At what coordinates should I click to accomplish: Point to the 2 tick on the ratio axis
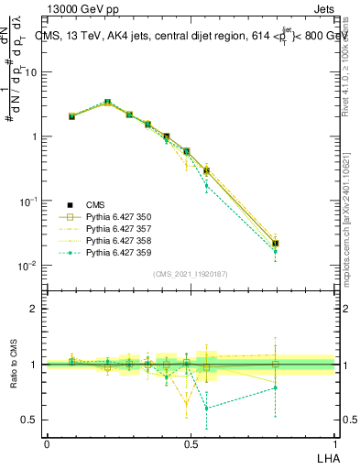tap(34, 309)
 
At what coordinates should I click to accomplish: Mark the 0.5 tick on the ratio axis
tap(29, 420)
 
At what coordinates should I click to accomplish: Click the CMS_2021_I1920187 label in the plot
tap(191, 274)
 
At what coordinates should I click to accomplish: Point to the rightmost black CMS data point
tap(276, 244)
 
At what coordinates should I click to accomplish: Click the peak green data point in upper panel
tap(107, 102)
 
